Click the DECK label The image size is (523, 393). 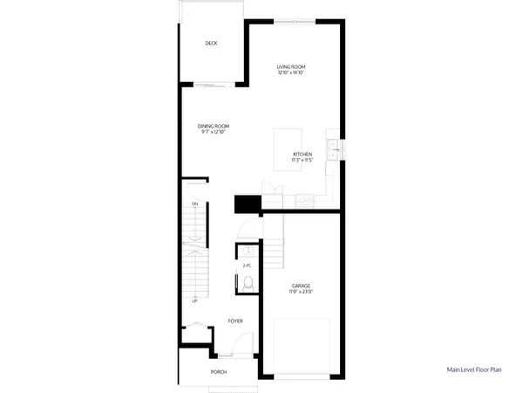211,44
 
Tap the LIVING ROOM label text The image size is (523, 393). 291,67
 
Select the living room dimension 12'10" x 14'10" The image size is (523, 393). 291,73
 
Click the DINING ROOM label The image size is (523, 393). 214,126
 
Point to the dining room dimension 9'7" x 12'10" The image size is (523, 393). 214,132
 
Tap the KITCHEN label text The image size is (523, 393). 302,155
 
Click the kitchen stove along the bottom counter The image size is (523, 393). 302,201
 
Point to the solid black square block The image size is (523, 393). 248,203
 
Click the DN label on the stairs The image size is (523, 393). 195,204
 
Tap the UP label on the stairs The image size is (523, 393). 195,301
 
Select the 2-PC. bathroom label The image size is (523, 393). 248,265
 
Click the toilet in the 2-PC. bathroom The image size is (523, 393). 248,282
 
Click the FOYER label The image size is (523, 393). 235,321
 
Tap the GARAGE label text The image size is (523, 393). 302,285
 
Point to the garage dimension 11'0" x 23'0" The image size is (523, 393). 302,291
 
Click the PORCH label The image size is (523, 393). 219,371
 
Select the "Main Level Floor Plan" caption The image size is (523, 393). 475,370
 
